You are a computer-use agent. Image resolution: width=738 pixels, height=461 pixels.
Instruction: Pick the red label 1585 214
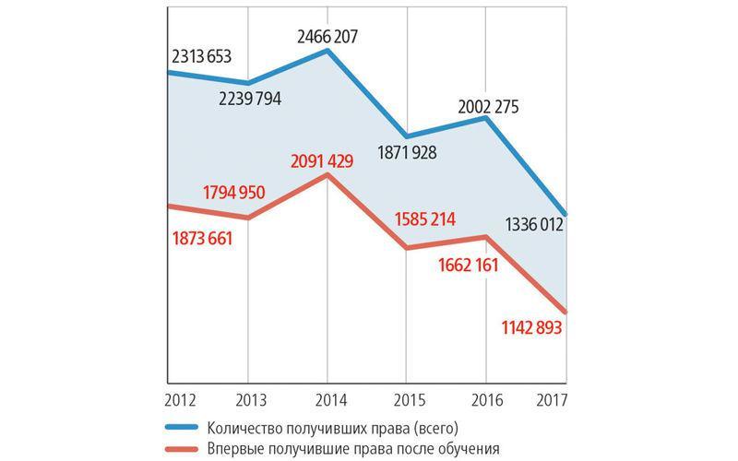(425, 220)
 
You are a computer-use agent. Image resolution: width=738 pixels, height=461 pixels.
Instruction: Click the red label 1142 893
(522, 327)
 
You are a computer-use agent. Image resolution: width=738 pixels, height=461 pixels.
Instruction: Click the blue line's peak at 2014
(327, 51)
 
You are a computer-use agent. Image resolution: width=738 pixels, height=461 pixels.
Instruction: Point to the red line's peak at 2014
(327, 175)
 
